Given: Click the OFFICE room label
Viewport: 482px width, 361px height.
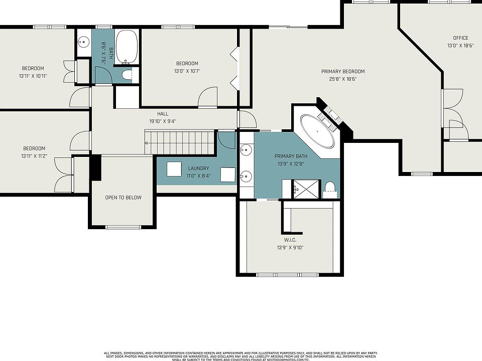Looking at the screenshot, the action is tap(460, 38).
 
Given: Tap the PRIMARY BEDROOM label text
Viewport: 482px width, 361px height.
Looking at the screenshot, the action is tap(343, 72).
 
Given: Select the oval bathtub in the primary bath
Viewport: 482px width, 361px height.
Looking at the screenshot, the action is tap(317, 131).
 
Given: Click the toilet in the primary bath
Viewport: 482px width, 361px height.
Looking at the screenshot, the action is tap(330, 190).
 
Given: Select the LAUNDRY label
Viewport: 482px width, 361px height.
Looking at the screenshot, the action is tap(198, 168).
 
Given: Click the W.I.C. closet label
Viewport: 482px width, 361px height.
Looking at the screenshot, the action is tap(290, 240).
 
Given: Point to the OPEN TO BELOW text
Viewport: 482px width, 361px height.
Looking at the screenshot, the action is tap(124, 198).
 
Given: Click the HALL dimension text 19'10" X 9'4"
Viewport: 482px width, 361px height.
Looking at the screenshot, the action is tap(163, 121).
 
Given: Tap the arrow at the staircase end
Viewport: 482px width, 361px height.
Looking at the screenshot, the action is tap(146, 143).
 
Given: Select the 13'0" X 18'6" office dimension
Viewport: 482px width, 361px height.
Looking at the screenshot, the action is tap(460, 46).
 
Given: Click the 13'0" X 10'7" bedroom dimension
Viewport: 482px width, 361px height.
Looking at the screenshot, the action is tap(187, 71).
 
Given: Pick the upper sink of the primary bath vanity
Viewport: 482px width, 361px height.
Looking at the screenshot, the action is tap(246, 150).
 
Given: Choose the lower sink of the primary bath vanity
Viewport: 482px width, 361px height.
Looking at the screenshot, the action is tap(246, 176).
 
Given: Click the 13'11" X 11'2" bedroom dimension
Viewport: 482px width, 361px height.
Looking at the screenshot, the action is tap(34, 156).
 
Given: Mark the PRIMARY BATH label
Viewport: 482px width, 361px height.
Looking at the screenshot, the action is tap(291, 156).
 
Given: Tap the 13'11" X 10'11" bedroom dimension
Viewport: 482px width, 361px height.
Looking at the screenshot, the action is tap(33, 76).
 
